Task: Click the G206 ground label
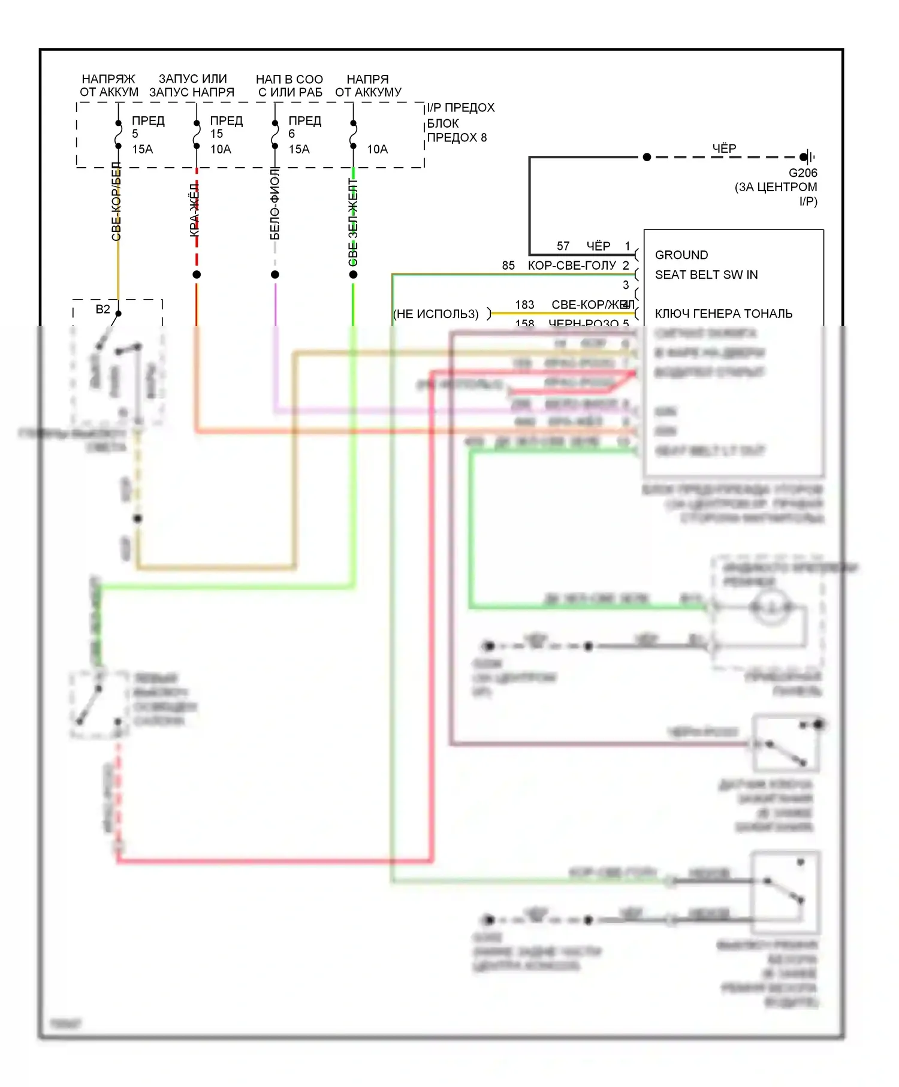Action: click(x=803, y=173)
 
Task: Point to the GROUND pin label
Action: click(x=681, y=255)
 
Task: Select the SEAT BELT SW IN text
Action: click(x=706, y=275)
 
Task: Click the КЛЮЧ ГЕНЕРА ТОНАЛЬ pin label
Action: click(x=723, y=314)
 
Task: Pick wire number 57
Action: click(x=563, y=246)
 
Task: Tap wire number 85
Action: click(x=508, y=265)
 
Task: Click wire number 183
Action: click(x=524, y=305)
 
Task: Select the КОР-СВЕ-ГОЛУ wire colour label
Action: click(x=572, y=265)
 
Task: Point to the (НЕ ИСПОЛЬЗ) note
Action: click(x=436, y=314)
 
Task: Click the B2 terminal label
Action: click(x=102, y=309)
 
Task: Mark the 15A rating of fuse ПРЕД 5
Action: click(x=143, y=149)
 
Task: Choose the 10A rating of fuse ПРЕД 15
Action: click(x=221, y=149)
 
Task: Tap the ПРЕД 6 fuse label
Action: click(x=304, y=127)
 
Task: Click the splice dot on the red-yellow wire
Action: click(x=197, y=274)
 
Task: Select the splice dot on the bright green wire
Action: click(x=353, y=274)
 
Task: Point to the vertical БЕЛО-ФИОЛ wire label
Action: click(x=275, y=204)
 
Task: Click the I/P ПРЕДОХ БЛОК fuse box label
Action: click(x=460, y=123)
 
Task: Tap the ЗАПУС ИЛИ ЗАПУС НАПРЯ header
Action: click(x=192, y=86)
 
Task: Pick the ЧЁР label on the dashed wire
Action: click(x=724, y=148)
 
